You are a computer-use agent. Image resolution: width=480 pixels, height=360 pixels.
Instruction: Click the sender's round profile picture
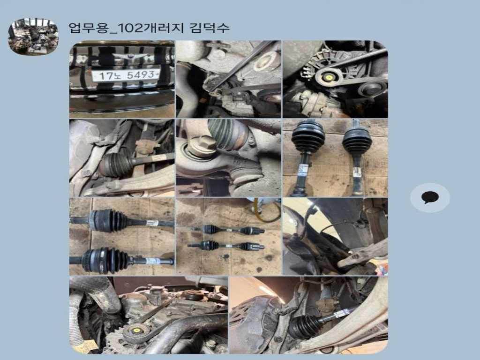(33, 37)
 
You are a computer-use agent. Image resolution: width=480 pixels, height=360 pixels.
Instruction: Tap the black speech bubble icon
(430, 197)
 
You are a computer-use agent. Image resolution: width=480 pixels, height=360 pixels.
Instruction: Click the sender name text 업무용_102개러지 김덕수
(149, 28)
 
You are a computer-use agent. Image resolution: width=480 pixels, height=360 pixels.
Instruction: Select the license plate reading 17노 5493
(126, 75)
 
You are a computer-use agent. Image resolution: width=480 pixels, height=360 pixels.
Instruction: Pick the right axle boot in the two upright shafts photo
(357, 140)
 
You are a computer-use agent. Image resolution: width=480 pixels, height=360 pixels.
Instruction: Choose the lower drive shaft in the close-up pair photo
(121, 261)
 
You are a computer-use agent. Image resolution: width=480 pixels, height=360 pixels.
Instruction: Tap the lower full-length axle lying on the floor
(226, 246)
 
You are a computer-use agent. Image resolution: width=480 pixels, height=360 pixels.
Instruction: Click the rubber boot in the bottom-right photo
(304, 326)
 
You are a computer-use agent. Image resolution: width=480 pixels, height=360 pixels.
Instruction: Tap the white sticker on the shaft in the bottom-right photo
(344, 313)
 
